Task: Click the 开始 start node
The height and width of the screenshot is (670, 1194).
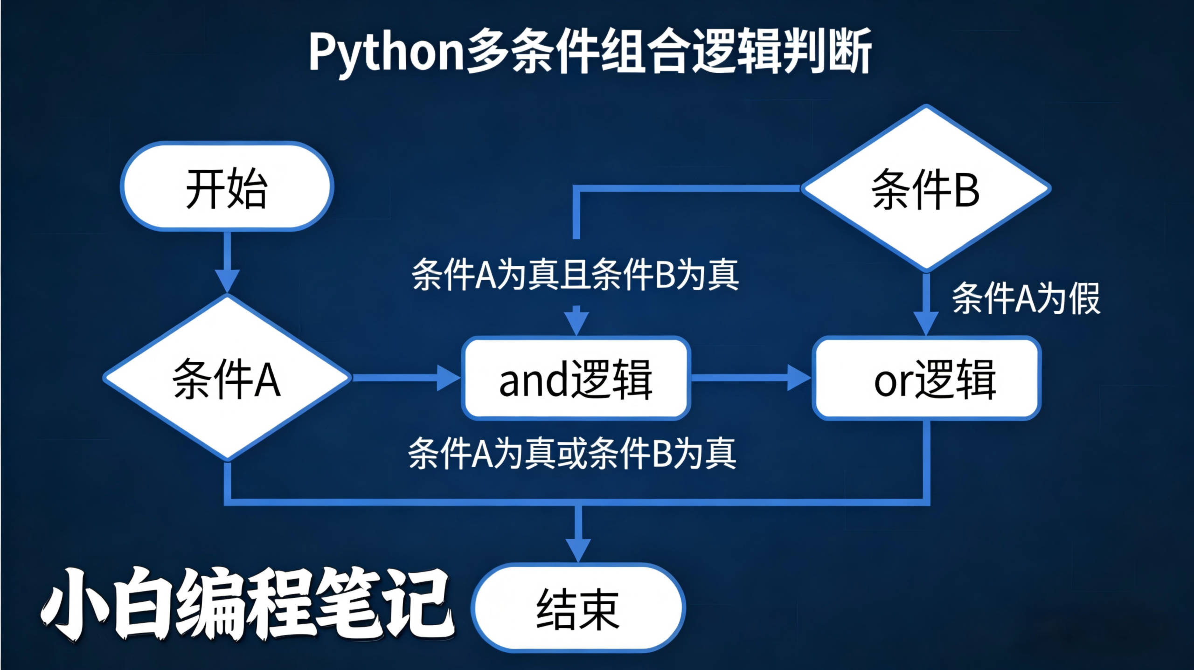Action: (227, 186)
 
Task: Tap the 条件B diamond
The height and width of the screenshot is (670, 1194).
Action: (926, 189)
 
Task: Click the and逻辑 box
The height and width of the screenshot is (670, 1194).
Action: (576, 379)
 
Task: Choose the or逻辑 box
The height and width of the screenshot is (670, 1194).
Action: (927, 379)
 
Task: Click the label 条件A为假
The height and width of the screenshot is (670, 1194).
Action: (1026, 298)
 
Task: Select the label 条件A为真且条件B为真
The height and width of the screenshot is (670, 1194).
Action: (575, 275)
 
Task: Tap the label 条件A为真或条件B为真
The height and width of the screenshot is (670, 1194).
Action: (572, 453)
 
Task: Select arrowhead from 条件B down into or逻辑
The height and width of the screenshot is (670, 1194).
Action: (926, 323)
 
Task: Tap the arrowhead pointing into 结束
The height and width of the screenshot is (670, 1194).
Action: (578, 550)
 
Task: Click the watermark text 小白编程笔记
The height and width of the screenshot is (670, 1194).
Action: (247, 604)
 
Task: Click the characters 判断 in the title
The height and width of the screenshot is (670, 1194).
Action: (826, 51)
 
